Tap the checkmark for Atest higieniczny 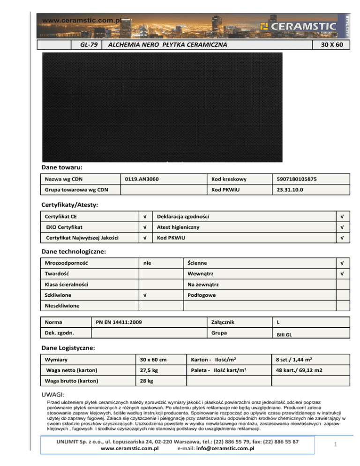coord(343,227)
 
